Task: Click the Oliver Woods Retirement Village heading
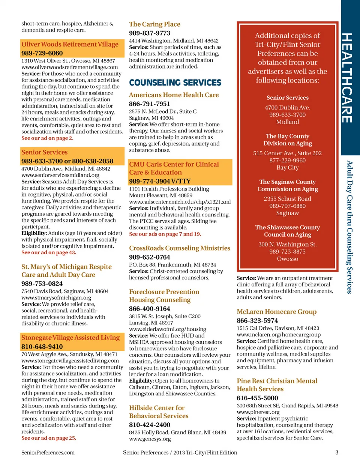pyautogui.click(x=70, y=44)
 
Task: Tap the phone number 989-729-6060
pyautogui.click(x=42, y=53)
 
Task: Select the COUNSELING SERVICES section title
pyautogui.click(x=175, y=83)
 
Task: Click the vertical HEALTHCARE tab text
pyautogui.click(x=347, y=78)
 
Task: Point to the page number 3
pyautogui.click(x=337, y=452)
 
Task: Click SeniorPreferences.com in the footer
pyautogui.click(x=48, y=452)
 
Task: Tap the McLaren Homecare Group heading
pyautogui.click(x=276, y=312)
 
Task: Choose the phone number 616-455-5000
pyautogui.click(x=257, y=398)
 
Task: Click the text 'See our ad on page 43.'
pyautogui.click(x=49, y=252)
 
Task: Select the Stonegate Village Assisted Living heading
pyautogui.click(x=70, y=338)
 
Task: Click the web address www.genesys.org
pyautogui.click(x=150, y=439)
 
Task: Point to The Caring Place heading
pyautogui.click(x=154, y=24)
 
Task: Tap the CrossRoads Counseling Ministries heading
pyautogui.click(x=180, y=248)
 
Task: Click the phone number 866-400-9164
pyautogui.click(x=150, y=309)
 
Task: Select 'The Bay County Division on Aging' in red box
pyautogui.click(x=288, y=140)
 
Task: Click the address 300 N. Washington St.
pyautogui.click(x=288, y=245)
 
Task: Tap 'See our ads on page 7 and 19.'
pyautogui.click(x=165, y=234)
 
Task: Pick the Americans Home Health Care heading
pyautogui.click(x=174, y=95)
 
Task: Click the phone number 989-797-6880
pyautogui.click(x=288, y=206)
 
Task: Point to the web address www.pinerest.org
pyautogui.click(x=258, y=412)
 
